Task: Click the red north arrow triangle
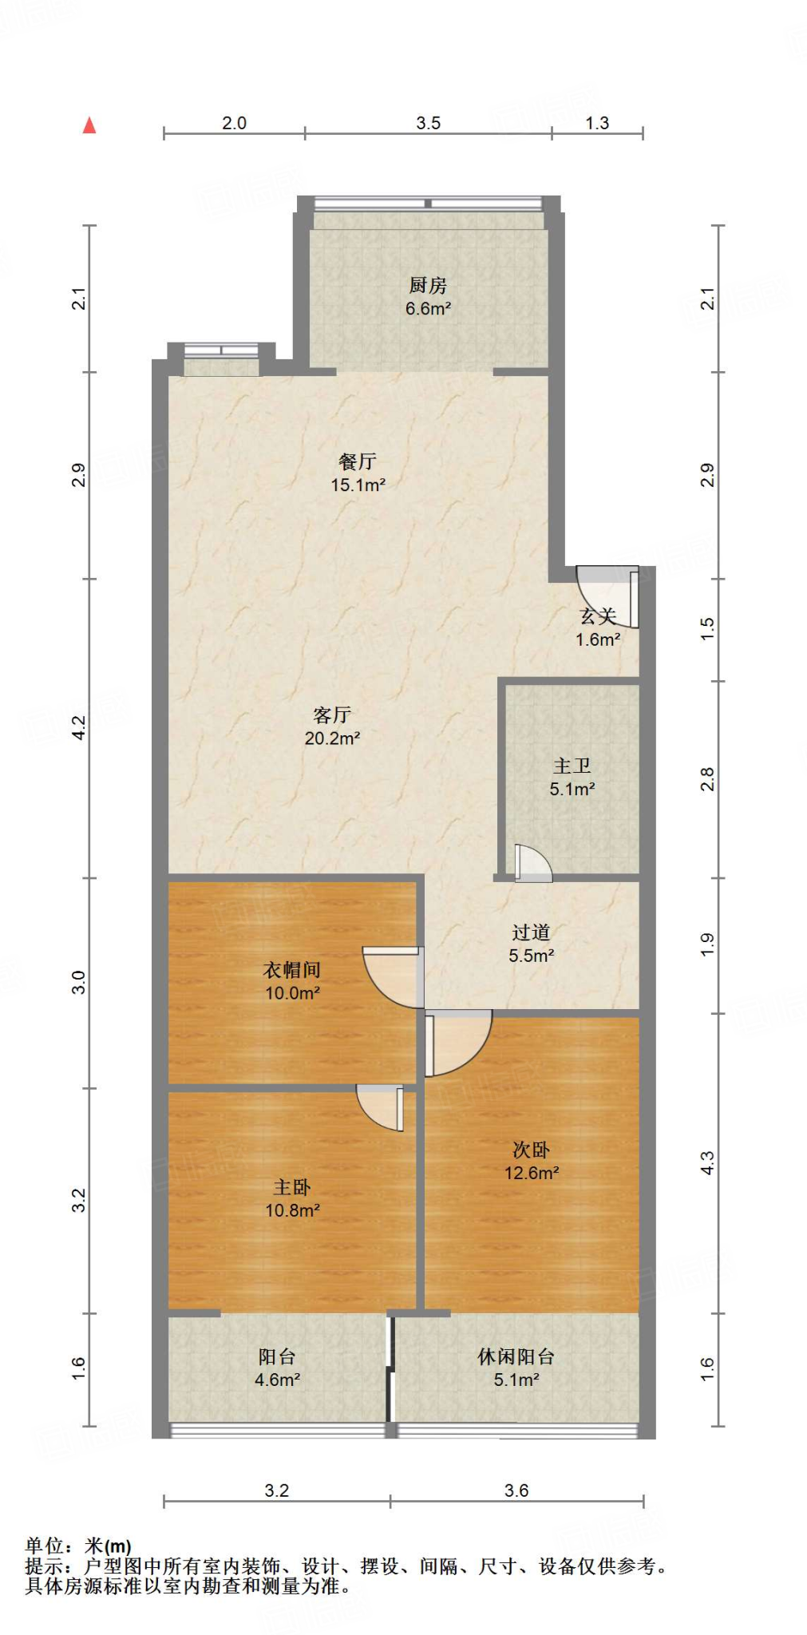tap(89, 125)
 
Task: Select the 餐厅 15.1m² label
tap(358, 473)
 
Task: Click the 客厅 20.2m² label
tap(332, 726)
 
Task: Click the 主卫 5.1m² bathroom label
tap(572, 777)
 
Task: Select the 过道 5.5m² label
tap(531, 943)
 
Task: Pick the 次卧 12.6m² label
tap(531, 1161)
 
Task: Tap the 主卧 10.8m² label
tap(292, 1198)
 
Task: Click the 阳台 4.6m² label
tap(277, 1368)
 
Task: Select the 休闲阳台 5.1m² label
tap(516, 1368)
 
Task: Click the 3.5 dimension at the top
tap(428, 123)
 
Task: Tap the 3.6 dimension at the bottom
tap(516, 1491)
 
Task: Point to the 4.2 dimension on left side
tap(79, 727)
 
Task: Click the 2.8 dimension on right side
tap(707, 779)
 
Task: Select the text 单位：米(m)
tap(78, 1546)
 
